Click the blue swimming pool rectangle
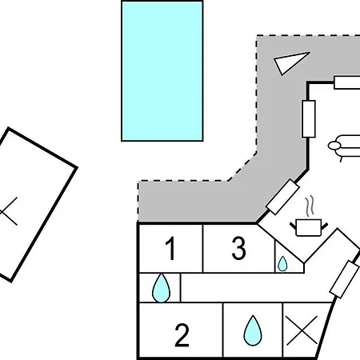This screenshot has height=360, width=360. tap(162, 71)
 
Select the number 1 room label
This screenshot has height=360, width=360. tap(170, 248)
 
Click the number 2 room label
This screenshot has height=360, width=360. tap(182, 335)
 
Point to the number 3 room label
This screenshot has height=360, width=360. tap(238, 248)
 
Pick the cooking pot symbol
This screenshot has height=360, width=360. tap(309, 227)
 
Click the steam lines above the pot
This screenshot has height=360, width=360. tap(310, 206)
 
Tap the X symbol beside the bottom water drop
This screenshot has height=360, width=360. tap(302, 330)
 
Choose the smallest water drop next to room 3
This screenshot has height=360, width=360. tap(282, 264)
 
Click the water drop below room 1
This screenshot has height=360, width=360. tap(161, 289)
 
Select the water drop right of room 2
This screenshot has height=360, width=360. tap(253, 331)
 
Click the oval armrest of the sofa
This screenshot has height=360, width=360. tap(334, 146)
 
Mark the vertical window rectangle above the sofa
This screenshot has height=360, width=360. tap(309, 119)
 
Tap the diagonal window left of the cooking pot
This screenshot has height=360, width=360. tap(283, 197)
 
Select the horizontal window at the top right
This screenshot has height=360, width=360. tap(347, 82)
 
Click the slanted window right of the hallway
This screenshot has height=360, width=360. tap(344, 279)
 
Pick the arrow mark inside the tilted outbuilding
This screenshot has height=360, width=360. tap(9, 212)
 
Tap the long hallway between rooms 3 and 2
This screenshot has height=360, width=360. tap(256, 288)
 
